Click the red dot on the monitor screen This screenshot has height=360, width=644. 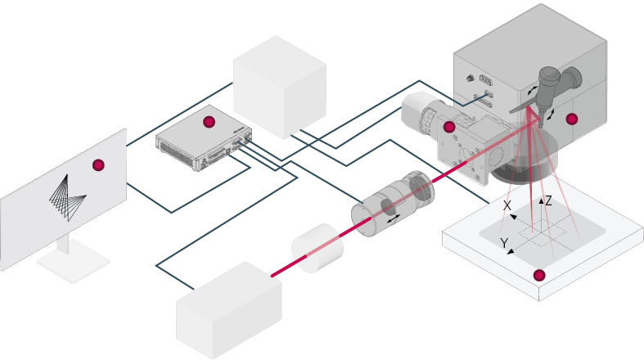tap(99, 164)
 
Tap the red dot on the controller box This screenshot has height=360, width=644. tap(209, 122)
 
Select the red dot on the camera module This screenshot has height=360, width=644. tap(448, 127)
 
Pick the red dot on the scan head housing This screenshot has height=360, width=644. tap(572, 119)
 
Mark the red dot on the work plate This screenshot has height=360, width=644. tap(538, 274)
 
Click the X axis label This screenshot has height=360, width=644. tap(507, 206)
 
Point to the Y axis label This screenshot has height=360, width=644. tap(504, 242)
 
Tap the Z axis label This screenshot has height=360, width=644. tap(548, 200)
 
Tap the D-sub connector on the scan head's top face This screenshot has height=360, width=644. tap(484, 81)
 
